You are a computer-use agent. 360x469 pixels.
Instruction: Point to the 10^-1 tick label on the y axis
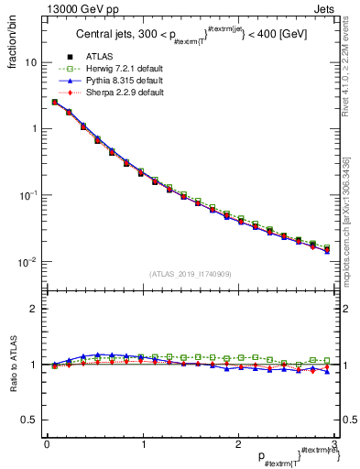click(27, 195)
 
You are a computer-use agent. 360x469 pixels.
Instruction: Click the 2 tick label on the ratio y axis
click(34, 309)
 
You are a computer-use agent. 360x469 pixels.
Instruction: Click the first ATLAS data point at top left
click(55, 103)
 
